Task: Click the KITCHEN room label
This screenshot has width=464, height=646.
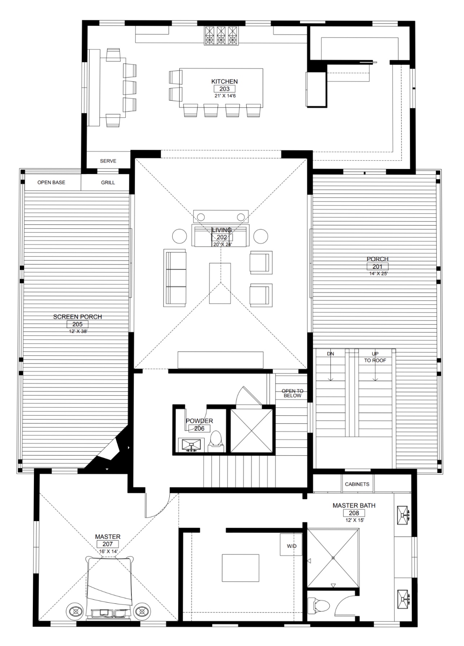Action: pos(224,82)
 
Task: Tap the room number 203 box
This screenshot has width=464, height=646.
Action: pos(224,89)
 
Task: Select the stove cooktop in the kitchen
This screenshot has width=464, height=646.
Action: pos(221,35)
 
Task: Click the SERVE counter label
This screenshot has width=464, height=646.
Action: pos(108,161)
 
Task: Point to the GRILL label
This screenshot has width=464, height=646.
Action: pos(108,183)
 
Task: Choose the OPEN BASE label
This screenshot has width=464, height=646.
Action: pos(51,183)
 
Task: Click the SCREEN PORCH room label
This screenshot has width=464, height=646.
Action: pos(78,317)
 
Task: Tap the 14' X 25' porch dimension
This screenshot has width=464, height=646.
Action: pos(378,274)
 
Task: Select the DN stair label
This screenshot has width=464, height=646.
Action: pos(330,354)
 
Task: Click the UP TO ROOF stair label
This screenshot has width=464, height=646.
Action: pos(375,357)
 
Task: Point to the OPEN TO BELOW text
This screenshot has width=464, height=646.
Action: pos(292,393)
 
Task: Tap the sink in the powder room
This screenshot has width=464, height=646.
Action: pos(191,445)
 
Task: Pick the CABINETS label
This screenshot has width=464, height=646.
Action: pos(357,484)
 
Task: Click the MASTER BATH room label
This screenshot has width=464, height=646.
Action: pos(354,506)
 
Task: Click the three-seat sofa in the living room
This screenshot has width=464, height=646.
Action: pos(175,278)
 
